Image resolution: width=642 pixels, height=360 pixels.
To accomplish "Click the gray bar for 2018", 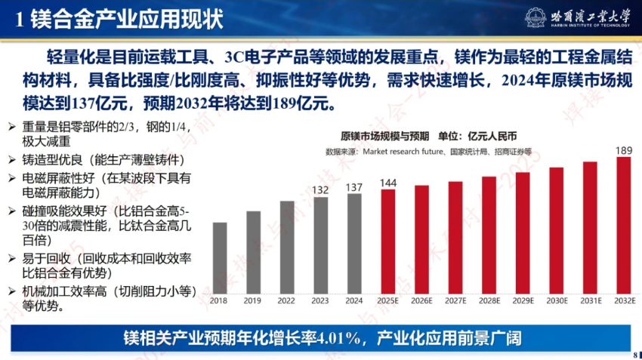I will [220, 257].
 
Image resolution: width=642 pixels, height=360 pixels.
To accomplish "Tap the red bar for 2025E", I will [388, 241].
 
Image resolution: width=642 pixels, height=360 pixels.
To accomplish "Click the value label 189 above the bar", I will [624, 151].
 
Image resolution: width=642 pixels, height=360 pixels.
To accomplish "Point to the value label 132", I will [320, 189].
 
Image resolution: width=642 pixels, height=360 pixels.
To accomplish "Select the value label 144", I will [388, 183].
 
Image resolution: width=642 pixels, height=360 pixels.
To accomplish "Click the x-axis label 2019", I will [253, 300].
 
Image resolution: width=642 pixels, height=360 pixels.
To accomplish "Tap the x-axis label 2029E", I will [523, 300].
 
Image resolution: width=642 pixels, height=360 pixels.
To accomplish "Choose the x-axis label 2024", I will [354, 300].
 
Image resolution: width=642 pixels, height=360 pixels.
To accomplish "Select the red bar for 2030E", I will [557, 230].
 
